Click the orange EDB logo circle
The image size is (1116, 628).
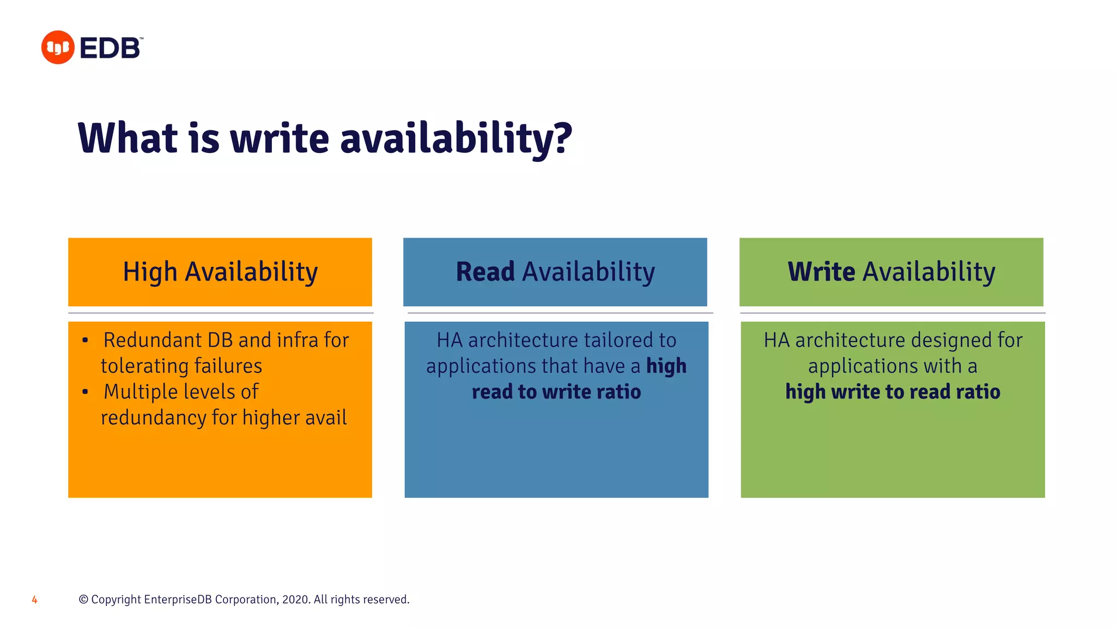tap(58, 47)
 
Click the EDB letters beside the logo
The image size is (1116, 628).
tap(111, 49)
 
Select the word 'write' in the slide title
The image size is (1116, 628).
tap(280, 137)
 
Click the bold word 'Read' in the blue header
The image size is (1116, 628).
tap(485, 271)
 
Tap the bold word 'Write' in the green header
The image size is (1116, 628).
tap(821, 271)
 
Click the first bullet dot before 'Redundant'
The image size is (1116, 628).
tap(85, 341)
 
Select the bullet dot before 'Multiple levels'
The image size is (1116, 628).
tap(85, 392)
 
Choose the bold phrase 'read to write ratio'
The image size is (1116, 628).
tap(556, 392)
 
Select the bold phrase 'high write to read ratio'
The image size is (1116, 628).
tap(893, 392)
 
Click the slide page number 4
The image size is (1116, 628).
tap(34, 600)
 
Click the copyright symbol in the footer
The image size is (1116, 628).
tap(83, 600)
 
